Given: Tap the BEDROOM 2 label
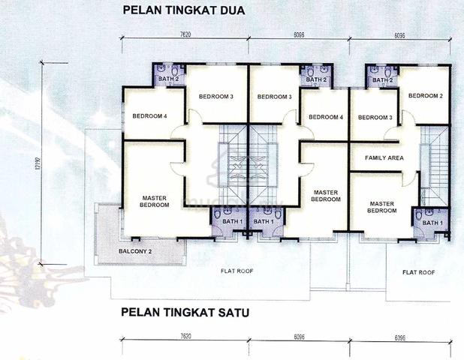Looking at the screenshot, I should pyautogui.click(x=425, y=96).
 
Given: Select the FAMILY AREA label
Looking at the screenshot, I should pyautogui.click(x=384, y=158).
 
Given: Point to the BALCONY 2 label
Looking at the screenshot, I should pyautogui.click(x=136, y=251).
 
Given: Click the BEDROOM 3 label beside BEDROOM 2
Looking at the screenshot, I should pyautogui.click(x=375, y=118).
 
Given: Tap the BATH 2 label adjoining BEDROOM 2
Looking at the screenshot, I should pyautogui.click(x=382, y=79).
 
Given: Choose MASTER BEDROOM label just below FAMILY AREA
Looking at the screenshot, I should pyautogui.click(x=382, y=206).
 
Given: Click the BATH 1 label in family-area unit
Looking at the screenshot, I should pyautogui.click(x=432, y=223).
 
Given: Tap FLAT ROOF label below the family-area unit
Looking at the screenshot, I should pyautogui.click(x=418, y=271).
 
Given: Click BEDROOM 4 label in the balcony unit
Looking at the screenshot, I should pyautogui.click(x=149, y=116).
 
